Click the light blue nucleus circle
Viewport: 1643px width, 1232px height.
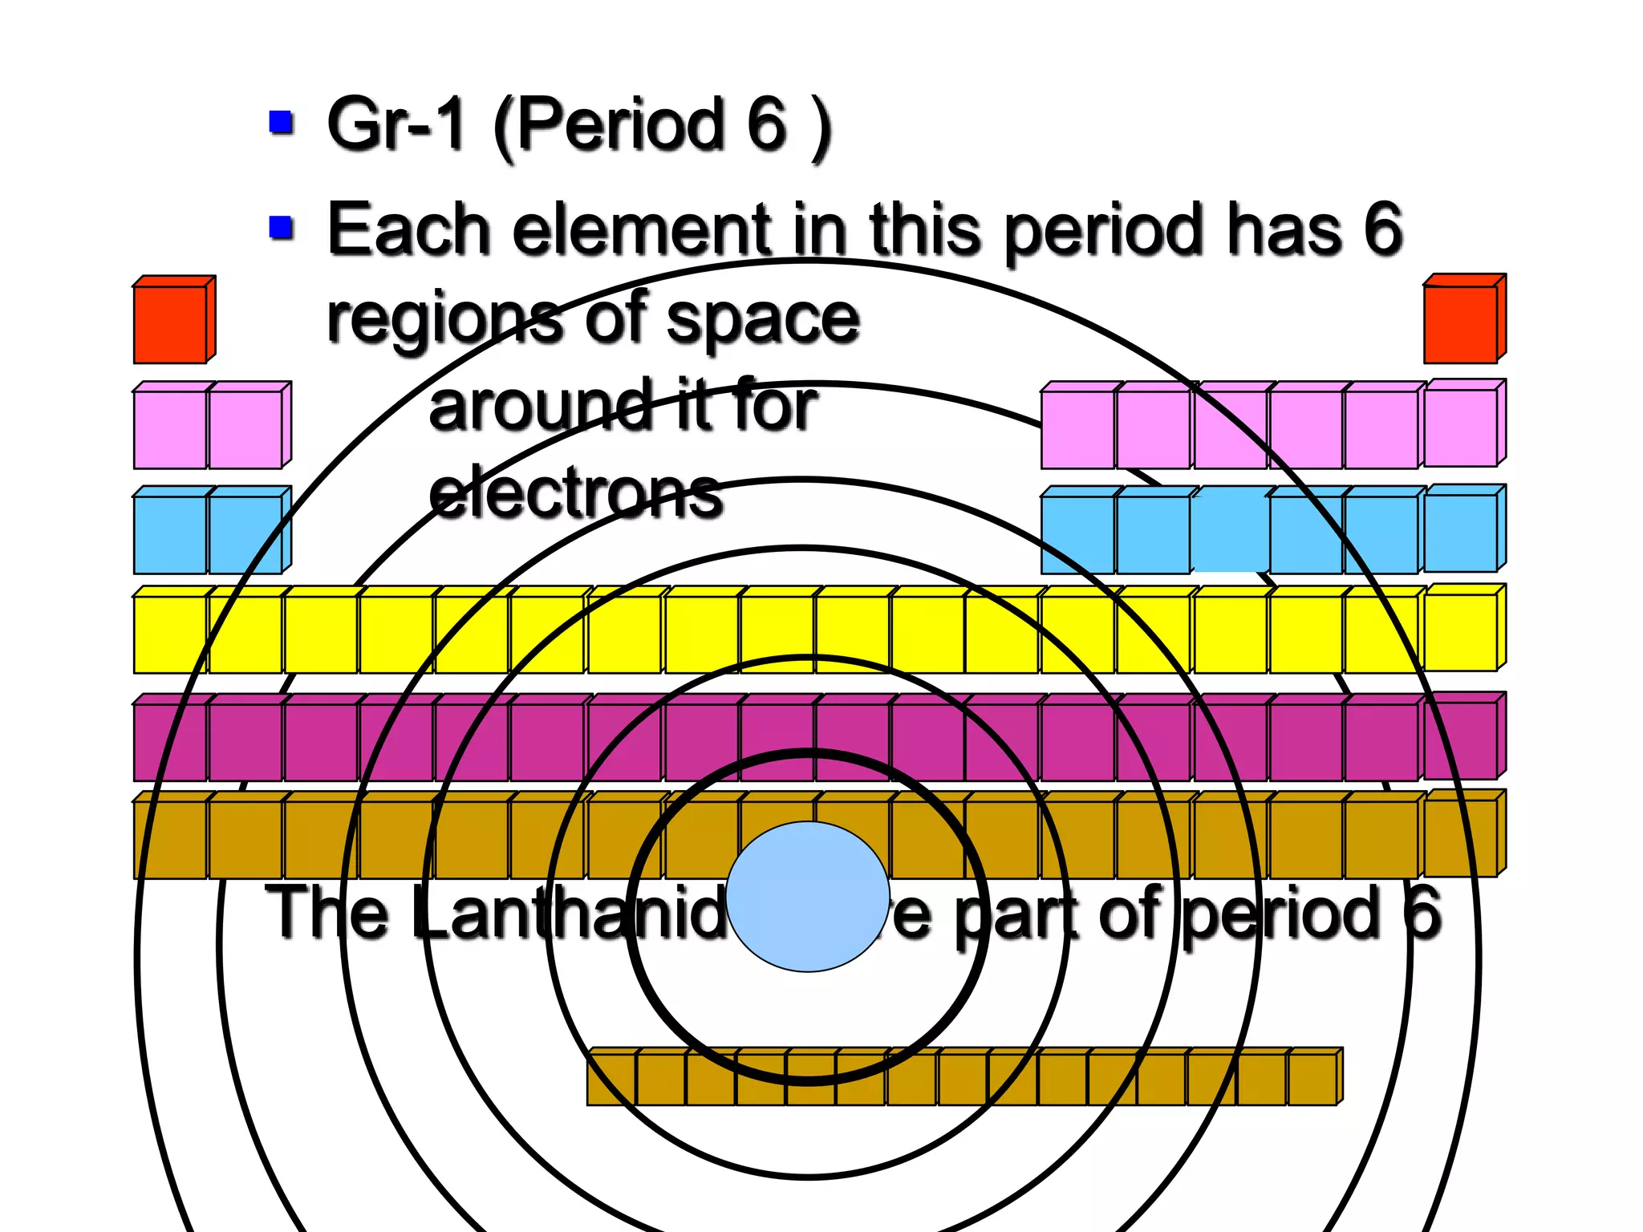[x=808, y=896]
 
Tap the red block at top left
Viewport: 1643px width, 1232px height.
[x=170, y=324]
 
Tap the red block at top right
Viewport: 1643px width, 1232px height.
[x=1460, y=323]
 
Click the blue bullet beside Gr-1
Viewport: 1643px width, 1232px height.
[x=281, y=123]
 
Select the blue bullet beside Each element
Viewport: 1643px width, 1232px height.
[x=281, y=228]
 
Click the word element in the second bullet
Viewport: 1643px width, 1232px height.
[x=641, y=230]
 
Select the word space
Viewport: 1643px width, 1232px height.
[x=762, y=320]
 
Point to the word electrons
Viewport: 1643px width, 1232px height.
[x=575, y=492]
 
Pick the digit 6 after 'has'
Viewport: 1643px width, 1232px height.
[x=1382, y=229]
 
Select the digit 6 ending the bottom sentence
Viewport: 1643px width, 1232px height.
[x=1422, y=913]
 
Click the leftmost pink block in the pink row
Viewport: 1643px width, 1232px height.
[x=169, y=429]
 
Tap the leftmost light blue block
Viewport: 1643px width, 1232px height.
[x=169, y=534]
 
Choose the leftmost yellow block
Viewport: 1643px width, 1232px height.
[x=169, y=634]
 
